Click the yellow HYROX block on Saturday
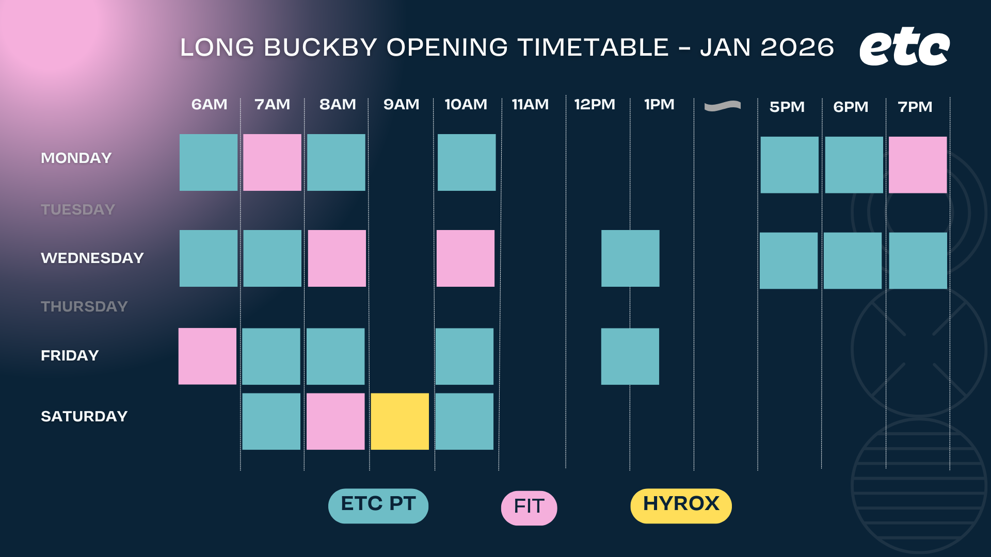click(399, 421)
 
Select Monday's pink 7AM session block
click(272, 162)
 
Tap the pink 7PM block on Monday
click(918, 165)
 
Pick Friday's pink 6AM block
click(207, 356)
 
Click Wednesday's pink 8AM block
click(337, 258)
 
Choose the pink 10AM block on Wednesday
click(466, 258)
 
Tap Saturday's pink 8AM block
click(335, 421)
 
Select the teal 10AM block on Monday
click(467, 162)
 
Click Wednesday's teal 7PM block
click(918, 260)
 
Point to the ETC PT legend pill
click(378, 506)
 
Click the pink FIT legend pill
click(529, 508)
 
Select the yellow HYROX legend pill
click(681, 506)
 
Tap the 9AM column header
click(401, 105)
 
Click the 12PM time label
click(595, 105)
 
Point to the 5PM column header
click(787, 107)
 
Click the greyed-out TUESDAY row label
click(78, 209)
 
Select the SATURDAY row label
click(84, 416)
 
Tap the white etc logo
click(904, 46)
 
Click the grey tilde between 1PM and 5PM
click(723, 106)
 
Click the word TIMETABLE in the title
click(594, 47)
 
